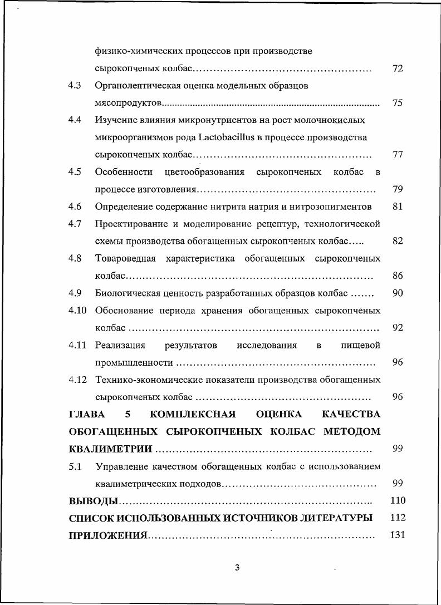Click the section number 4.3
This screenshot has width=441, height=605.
pos(75,86)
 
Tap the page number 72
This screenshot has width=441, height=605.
pos(398,68)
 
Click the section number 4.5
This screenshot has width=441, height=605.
pos(75,172)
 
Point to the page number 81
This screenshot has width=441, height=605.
pos(398,206)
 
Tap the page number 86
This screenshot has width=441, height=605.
pos(398,276)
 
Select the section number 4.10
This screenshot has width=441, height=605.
pos(77,310)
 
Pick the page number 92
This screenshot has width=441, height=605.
pos(398,327)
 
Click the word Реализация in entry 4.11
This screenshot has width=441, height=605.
pos(120,345)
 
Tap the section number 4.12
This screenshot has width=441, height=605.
pos(77,380)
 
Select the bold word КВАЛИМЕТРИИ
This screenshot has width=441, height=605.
pos(110,449)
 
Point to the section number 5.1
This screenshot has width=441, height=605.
pos(75,466)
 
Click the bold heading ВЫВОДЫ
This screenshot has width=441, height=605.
pos(93,500)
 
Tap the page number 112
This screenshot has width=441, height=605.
pos(398,518)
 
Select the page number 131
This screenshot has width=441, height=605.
pos(398,535)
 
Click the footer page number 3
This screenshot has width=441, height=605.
pos(237,568)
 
